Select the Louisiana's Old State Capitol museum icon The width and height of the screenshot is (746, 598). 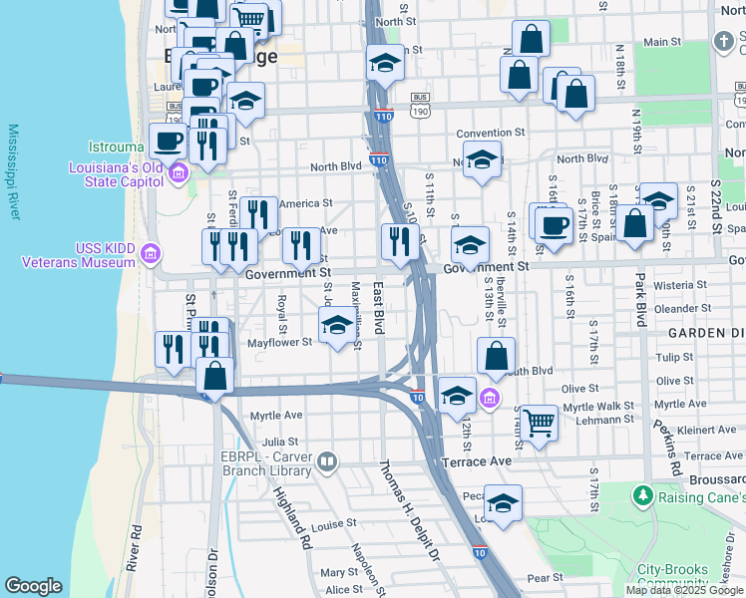coord(179,174)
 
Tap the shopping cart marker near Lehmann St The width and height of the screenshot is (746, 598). coord(539,422)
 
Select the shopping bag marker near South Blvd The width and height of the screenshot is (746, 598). coord(496,355)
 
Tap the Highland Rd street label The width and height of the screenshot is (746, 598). coord(292,513)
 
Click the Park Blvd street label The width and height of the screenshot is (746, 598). coord(639,298)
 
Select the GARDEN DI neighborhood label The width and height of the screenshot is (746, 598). coord(705,332)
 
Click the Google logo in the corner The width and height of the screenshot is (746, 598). coord(33,586)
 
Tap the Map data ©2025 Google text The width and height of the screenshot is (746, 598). coord(684,590)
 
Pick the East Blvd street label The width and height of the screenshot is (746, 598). coord(378,308)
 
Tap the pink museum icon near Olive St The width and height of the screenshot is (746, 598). coord(489,400)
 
